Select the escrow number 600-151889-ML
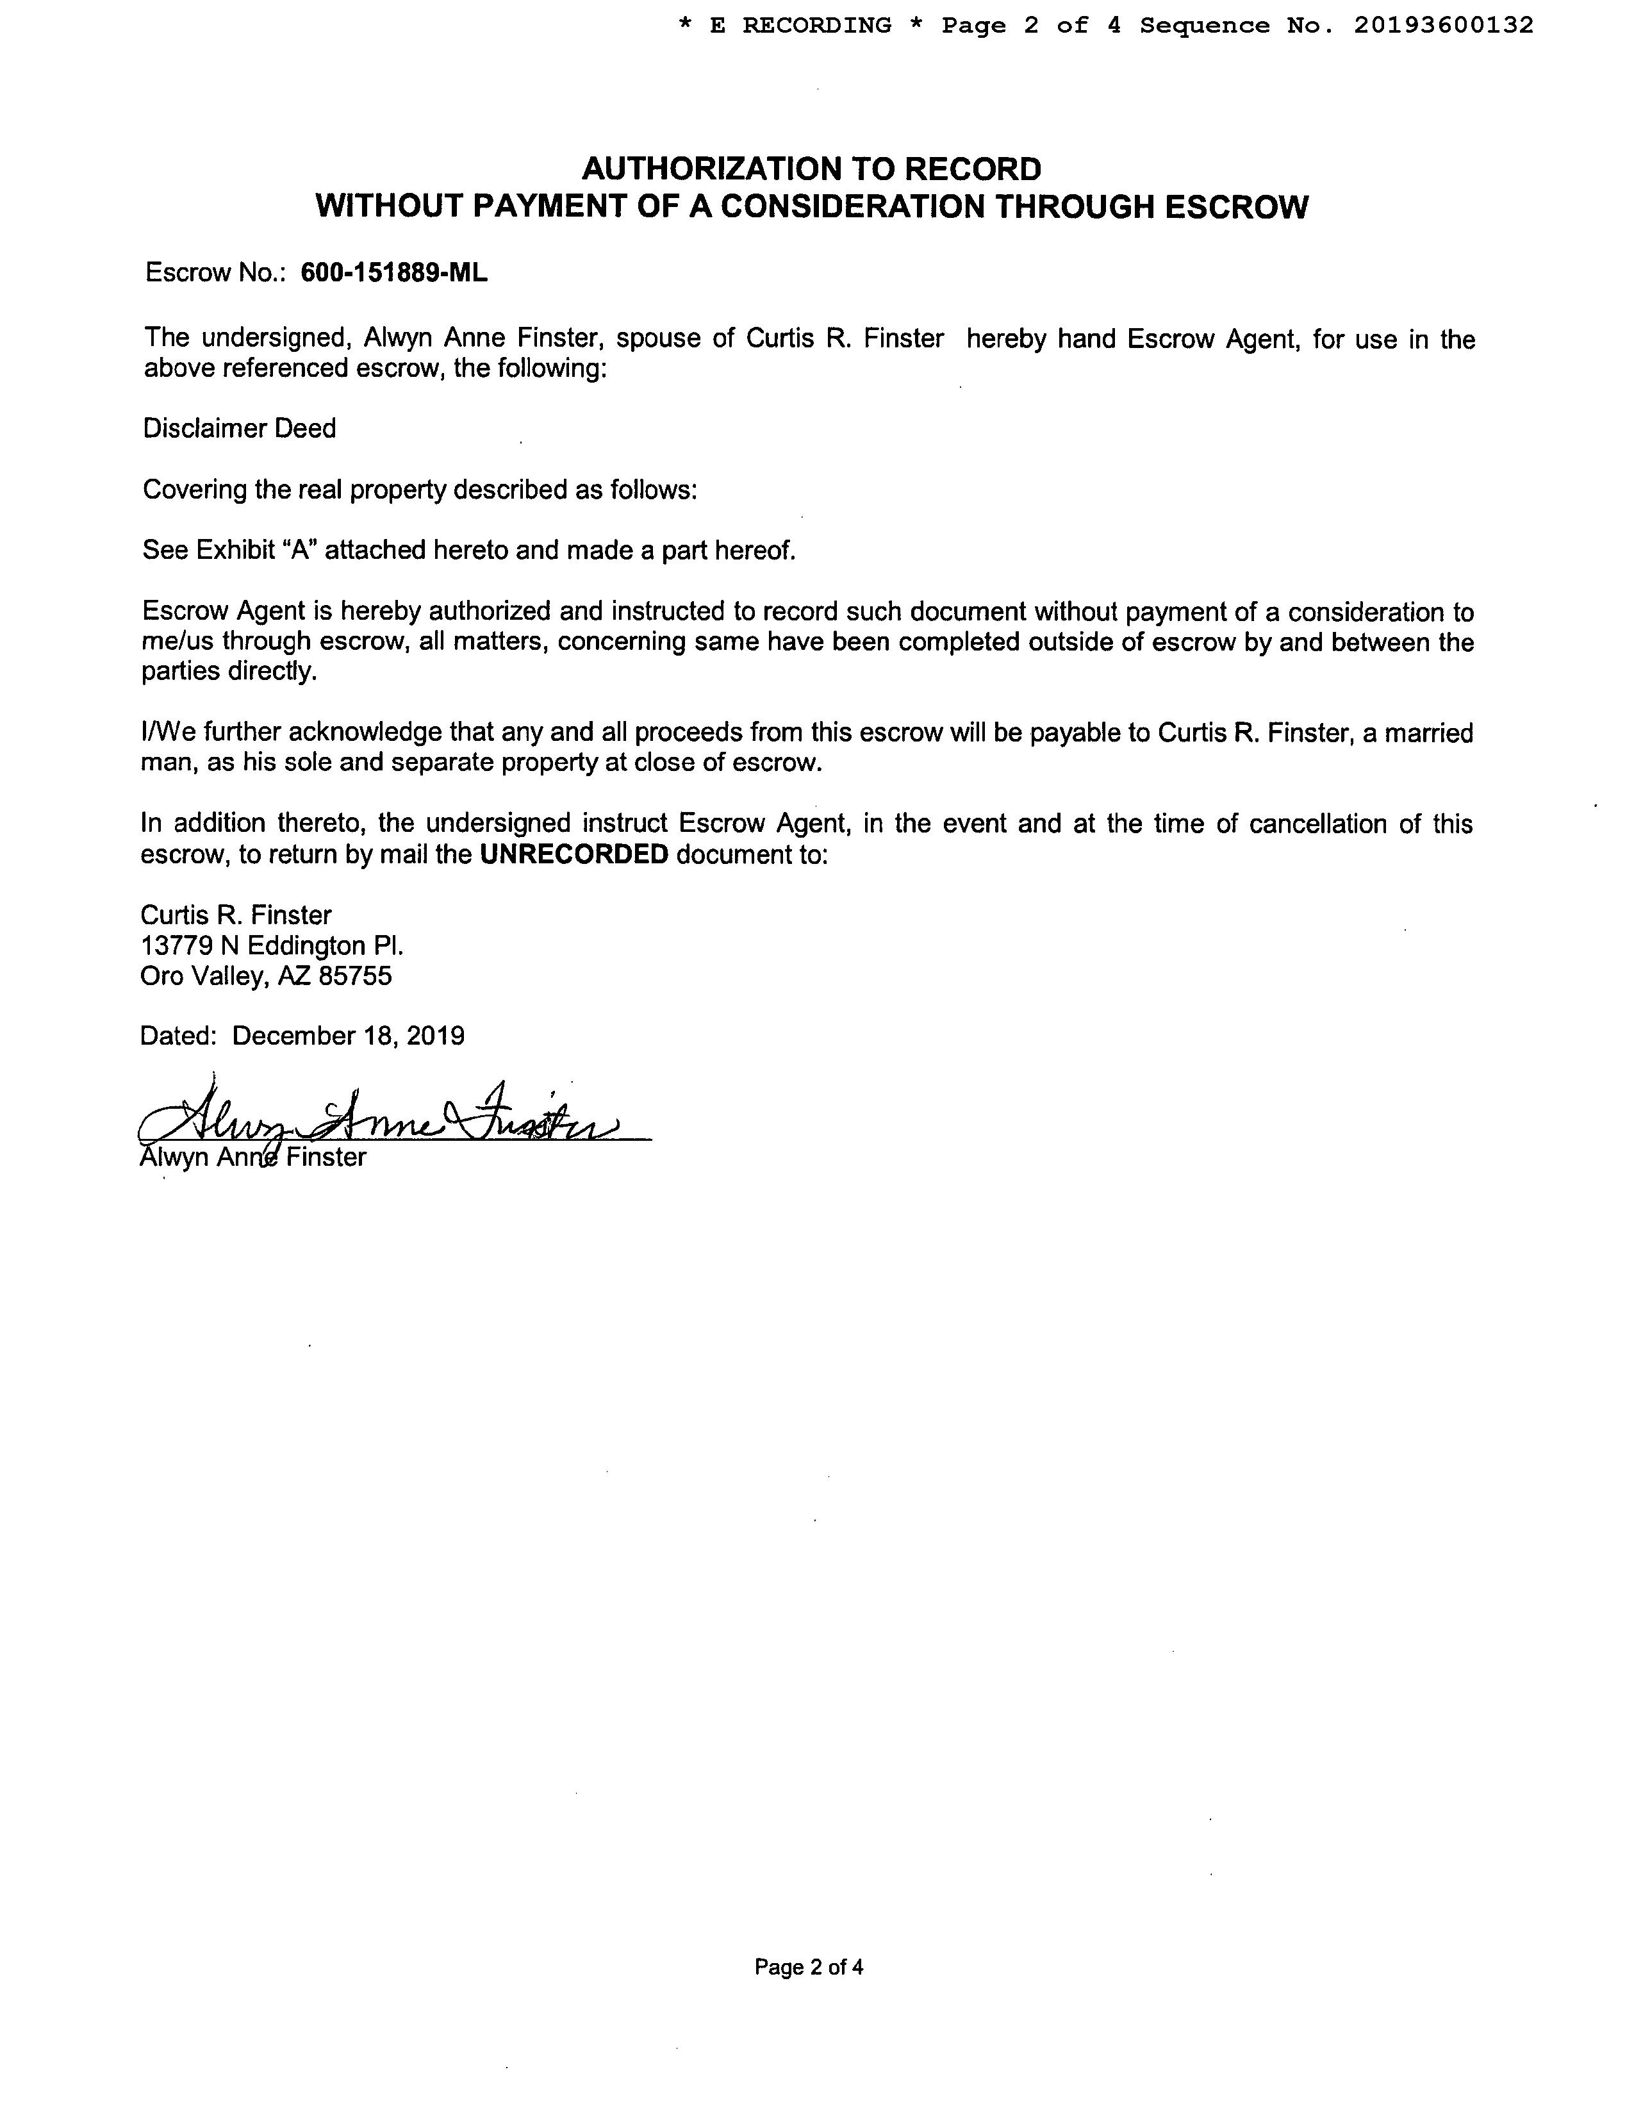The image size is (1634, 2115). tap(394, 273)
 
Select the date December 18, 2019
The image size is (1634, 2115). tap(349, 1035)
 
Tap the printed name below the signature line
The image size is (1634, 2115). tap(254, 1157)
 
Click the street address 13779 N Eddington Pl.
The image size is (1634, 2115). tap(272, 945)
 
